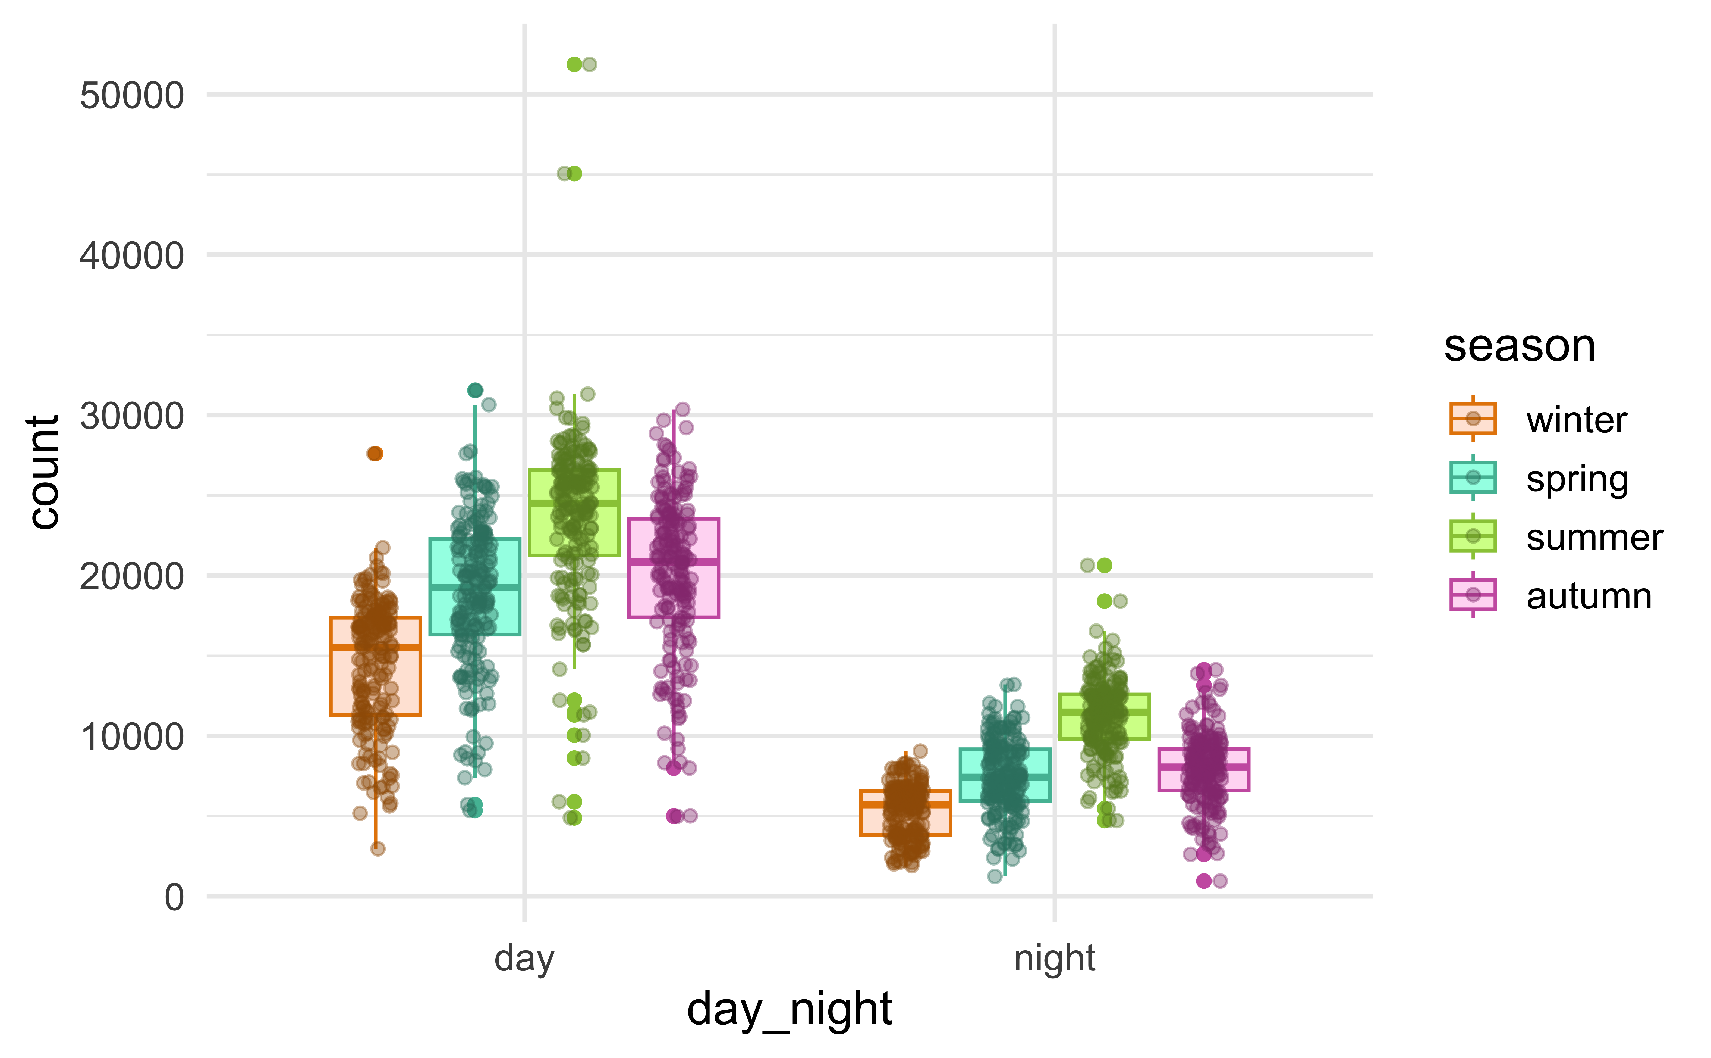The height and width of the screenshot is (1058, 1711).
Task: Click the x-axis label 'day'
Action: pos(524,959)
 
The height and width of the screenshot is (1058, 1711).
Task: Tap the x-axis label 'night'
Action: pos(1054,959)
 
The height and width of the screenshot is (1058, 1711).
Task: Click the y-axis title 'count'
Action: pos(43,472)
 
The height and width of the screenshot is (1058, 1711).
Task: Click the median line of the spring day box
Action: pos(475,587)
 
